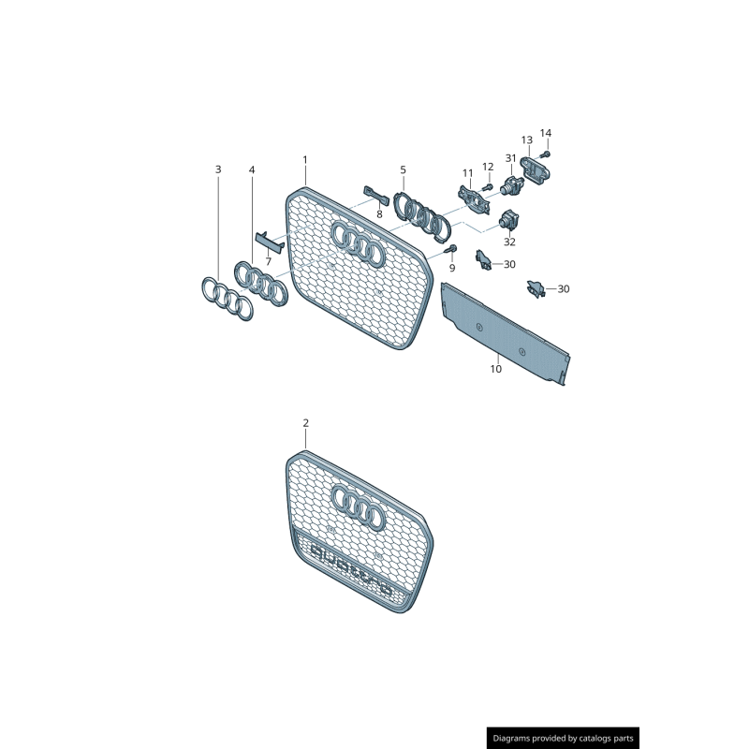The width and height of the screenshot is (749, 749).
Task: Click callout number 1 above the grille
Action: tap(305, 160)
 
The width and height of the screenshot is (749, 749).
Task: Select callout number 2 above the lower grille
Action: tap(305, 423)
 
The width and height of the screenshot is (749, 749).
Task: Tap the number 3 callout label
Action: tap(218, 169)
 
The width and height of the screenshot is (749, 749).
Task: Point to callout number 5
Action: tap(404, 170)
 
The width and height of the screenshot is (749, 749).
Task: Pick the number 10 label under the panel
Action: tap(495, 369)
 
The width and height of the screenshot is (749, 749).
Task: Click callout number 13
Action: tap(526, 140)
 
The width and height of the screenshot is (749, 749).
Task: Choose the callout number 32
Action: tap(509, 242)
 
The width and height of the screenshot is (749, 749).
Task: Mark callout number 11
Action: tap(467, 173)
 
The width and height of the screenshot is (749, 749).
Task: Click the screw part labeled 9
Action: tap(451, 248)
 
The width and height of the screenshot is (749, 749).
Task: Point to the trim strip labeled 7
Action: tap(269, 242)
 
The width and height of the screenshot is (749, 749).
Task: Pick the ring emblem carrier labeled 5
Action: tap(424, 218)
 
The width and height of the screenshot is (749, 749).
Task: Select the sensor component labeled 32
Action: tap(510, 222)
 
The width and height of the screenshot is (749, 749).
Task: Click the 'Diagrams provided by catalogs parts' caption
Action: tap(563, 739)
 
